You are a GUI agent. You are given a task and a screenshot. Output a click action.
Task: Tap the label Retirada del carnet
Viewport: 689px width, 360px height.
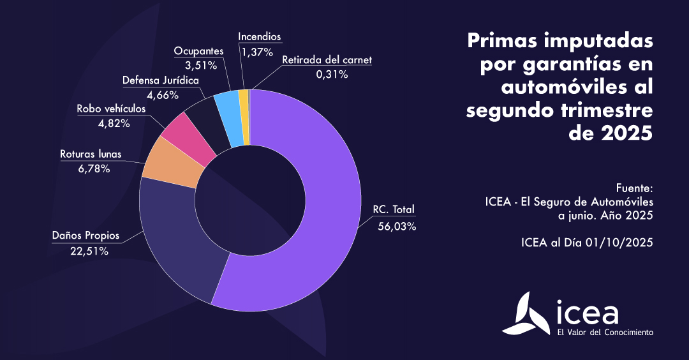click(x=327, y=60)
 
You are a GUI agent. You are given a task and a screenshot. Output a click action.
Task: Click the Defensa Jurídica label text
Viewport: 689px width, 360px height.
click(x=161, y=80)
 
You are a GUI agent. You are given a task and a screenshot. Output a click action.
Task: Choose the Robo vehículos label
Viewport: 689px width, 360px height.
click(x=111, y=109)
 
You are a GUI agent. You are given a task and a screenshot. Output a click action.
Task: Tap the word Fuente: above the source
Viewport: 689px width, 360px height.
click(x=635, y=189)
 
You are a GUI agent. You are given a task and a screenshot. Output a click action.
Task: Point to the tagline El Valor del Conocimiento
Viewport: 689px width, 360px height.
click(x=605, y=333)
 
